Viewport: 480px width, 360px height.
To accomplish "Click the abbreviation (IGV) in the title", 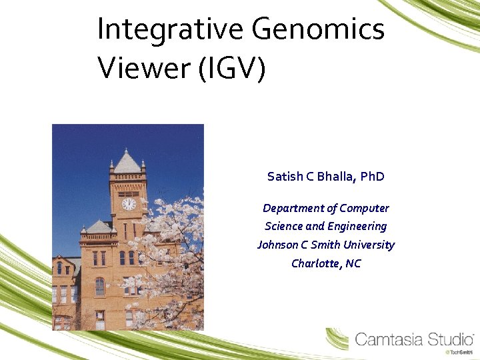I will [232, 69].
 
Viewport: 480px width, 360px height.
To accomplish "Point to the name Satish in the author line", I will [285, 177].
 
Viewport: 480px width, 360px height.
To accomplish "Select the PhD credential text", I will [373, 177].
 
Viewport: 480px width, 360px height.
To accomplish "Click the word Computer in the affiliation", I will [364, 208].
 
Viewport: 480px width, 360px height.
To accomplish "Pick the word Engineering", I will [357, 226].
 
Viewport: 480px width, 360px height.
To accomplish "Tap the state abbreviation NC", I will [353, 263].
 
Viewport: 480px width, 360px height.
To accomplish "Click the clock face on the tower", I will [129, 204].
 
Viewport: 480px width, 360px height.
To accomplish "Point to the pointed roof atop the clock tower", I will [127, 162].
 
